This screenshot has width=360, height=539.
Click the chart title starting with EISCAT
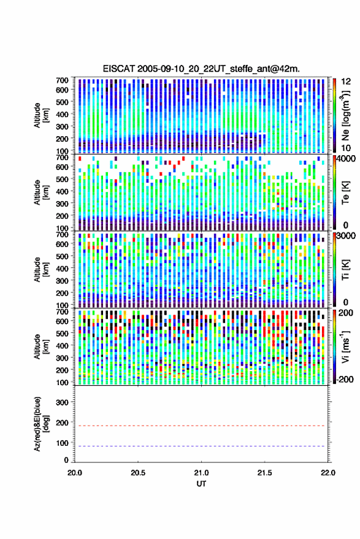click(x=201, y=69)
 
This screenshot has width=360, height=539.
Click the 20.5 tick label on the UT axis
click(x=138, y=473)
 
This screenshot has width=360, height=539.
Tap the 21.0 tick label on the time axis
click(x=201, y=473)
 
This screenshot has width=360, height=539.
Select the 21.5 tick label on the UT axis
click(x=264, y=473)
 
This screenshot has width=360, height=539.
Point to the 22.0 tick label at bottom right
click(x=327, y=473)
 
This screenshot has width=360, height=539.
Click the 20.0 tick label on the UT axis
click(x=75, y=473)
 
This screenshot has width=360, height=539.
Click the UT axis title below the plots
click(x=201, y=484)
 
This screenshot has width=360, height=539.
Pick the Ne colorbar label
click(x=345, y=115)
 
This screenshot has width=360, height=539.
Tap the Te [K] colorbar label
click(x=345, y=193)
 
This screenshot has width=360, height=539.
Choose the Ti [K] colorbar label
click(x=345, y=270)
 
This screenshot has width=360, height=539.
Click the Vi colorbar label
click(x=345, y=346)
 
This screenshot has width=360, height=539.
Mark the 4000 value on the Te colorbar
click(x=347, y=160)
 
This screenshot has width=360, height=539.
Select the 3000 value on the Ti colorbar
click(x=347, y=236)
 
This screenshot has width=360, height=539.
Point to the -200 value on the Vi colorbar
click(x=344, y=380)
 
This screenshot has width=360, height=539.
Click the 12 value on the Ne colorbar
click(x=346, y=82)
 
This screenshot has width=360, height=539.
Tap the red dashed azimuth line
click(x=201, y=426)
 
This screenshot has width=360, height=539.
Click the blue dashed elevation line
click(x=201, y=446)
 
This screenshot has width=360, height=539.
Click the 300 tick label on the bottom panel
click(x=63, y=402)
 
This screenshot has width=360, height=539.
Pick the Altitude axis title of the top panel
click(x=41, y=115)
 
